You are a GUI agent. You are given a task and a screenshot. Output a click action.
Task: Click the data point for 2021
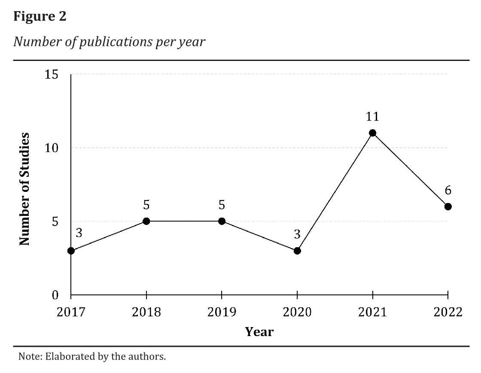[x=372, y=133]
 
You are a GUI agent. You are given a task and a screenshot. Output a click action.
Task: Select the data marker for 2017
[x=71, y=251]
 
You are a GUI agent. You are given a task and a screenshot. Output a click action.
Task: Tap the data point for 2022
[x=448, y=206]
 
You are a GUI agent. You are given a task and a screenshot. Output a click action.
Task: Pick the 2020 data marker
[x=297, y=251]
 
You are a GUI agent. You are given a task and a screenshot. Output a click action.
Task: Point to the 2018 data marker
[x=146, y=221]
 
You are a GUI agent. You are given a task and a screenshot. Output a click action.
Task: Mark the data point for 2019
[x=222, y=221]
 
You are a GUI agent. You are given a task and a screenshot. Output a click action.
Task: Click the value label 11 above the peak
[x=372, y=116]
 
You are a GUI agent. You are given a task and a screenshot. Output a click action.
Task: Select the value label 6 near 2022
[x=448, y=190]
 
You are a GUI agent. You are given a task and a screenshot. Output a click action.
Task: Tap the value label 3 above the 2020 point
[x=297, y=234]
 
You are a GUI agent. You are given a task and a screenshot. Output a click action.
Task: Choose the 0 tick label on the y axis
[x=55, y=295]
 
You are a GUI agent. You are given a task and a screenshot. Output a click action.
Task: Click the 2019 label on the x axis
[x=222, y=312]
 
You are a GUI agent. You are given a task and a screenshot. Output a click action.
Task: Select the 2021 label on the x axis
[x=372, y=312]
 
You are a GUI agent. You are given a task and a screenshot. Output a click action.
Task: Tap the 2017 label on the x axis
[x=71, y=312]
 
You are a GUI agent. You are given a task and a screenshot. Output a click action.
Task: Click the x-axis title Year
[x=259, y=331]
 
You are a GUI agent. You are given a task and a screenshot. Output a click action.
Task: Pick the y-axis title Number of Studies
[x=25, y=189]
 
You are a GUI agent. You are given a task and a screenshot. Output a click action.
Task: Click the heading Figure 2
[x=40, y=17]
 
